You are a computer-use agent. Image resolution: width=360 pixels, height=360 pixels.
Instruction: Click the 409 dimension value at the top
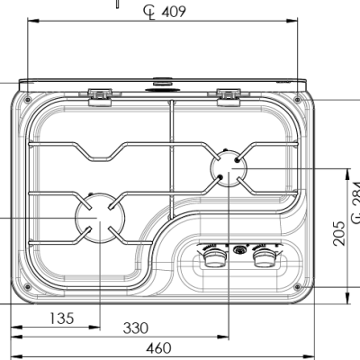[x=174, y=12]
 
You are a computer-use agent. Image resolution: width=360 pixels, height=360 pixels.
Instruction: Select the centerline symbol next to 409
[x=148, y=11]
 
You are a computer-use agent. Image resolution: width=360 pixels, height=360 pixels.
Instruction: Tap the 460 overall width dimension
[x=158, y=347]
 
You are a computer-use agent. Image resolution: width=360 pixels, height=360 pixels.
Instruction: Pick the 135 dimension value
[x=61, y=318]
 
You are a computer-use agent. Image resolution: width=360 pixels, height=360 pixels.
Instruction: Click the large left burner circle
[x=97, y=219]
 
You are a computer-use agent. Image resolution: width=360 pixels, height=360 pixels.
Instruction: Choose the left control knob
[x=215, y=259]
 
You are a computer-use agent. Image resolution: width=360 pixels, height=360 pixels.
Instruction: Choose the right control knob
[x=264, y=259]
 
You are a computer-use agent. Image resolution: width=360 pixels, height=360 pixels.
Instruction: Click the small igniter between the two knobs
[x=239, y=250]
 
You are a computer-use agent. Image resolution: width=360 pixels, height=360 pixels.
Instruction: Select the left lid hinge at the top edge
[x=100, y=93]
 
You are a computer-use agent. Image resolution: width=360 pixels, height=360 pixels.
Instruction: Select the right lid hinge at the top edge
[x=229, y=93]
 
